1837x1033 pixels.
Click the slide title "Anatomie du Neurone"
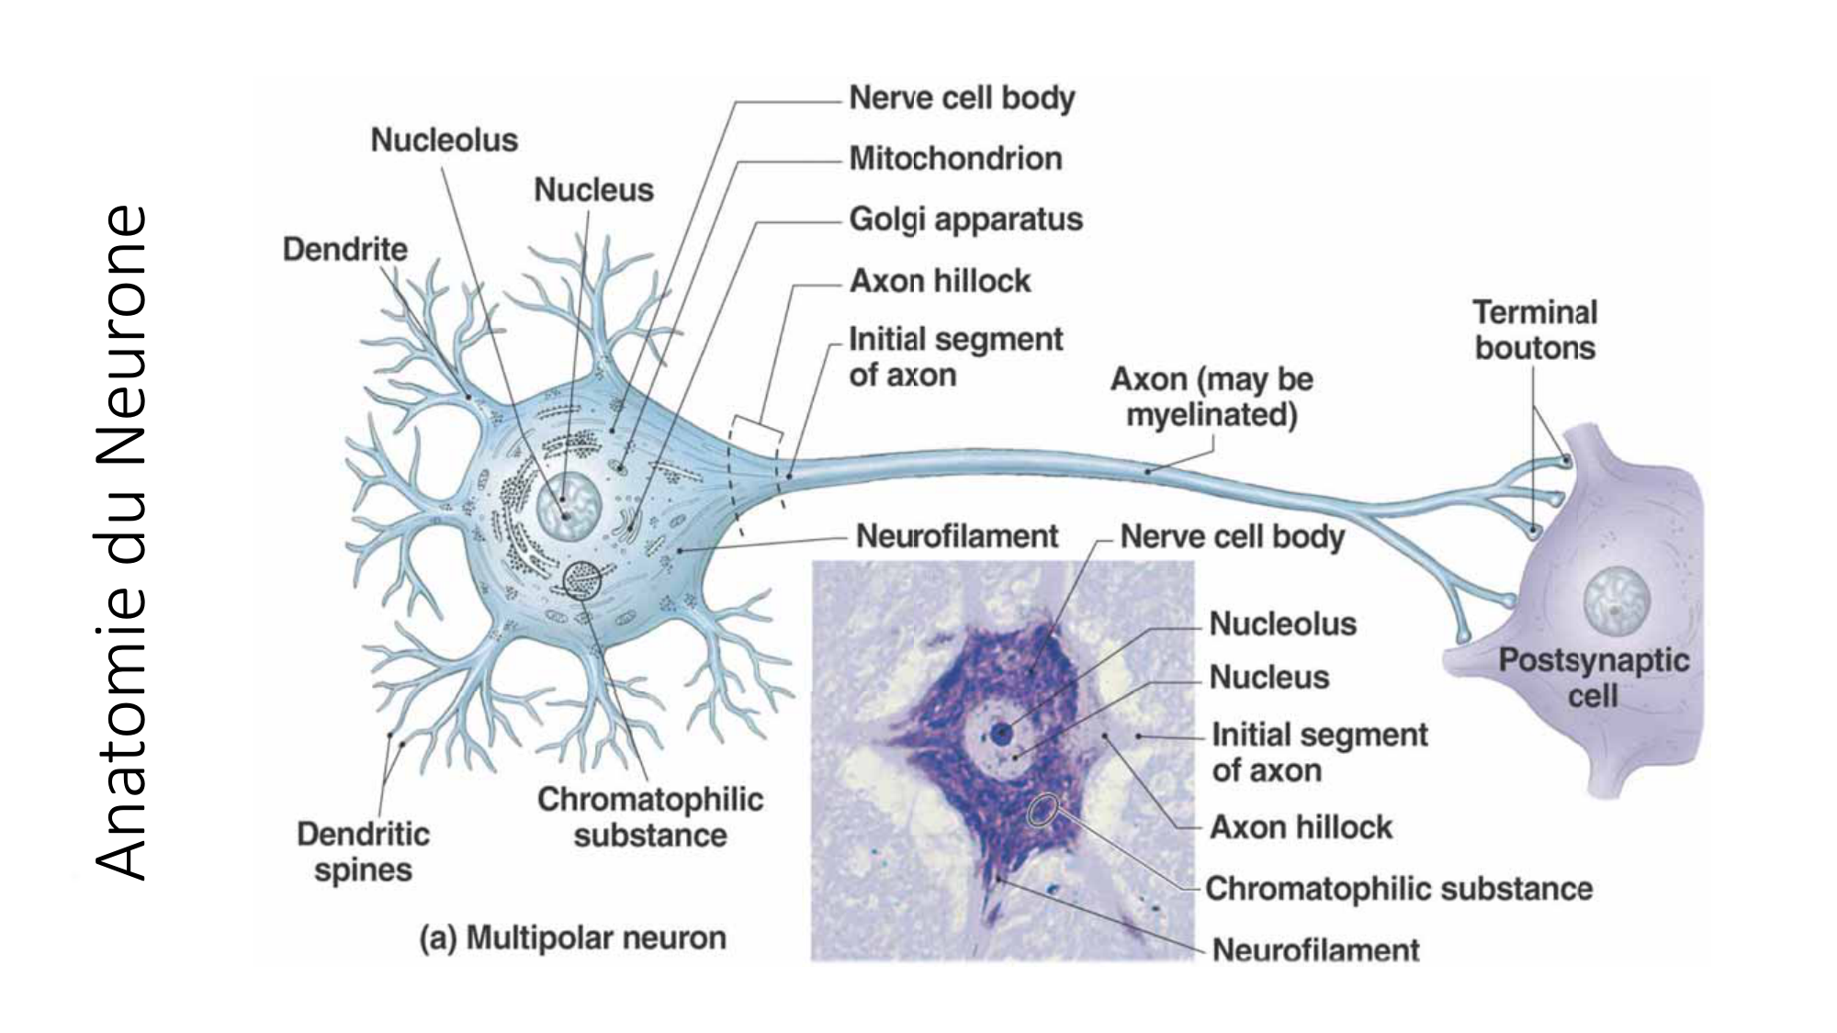[x=121, y=542]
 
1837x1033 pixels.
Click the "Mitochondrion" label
[x=955, y=159]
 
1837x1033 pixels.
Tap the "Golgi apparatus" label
[x=965, y=219]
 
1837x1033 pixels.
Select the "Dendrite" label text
[x=344, y=249]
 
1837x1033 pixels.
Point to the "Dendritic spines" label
[x=363, y=851]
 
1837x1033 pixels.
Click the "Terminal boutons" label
[x=1535, y=330]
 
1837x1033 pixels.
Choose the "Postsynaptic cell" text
[x=1594, y=677]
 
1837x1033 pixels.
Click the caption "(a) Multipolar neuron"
[x=573, y=938]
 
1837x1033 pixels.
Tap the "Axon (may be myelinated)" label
[x=1212, y=397]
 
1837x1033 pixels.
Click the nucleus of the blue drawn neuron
[x=569, y=506]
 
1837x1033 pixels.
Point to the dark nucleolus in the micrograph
[x=1002, y=732]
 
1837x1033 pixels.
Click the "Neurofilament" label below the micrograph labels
[x=1315, y=949]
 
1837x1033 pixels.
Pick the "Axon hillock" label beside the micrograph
[x=1301, y=827]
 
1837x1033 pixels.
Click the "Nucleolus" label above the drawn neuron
[x=444, y=140]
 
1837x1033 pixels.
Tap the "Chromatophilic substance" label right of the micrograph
[x=1398, y=889]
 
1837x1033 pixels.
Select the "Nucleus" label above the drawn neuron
[x=593, y=190]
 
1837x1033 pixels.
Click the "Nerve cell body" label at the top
[x=961, y=98]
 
